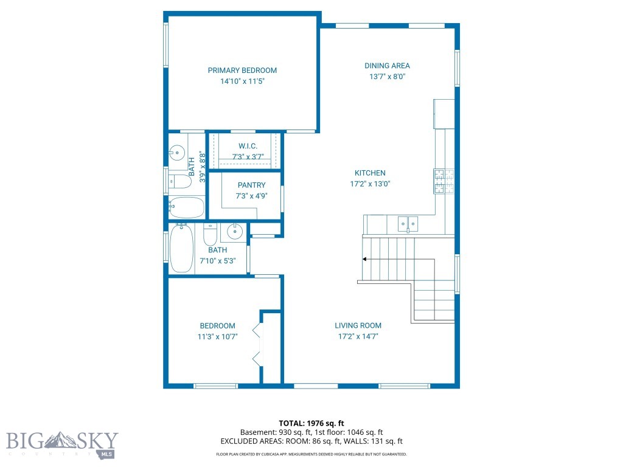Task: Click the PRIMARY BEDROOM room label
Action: coord(242,71)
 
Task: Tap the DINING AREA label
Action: coord(387,66)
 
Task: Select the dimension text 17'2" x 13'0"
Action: coord(370,184)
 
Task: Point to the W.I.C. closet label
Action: coord(248,147)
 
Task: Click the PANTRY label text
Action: coord(251,185)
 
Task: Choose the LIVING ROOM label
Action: coord(358,325)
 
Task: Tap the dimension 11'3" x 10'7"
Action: coord(217,336)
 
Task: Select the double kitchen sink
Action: coord(408,224)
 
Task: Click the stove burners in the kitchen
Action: coord(444,181)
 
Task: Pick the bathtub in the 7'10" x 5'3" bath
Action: coord(181,248)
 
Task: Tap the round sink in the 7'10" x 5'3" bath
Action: coord(234,231)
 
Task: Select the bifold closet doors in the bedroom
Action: coord(258,345)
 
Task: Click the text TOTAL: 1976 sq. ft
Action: coord(311,423)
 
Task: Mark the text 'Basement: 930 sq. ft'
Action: coord(270,432)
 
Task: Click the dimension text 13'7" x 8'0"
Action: coord(387,77)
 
